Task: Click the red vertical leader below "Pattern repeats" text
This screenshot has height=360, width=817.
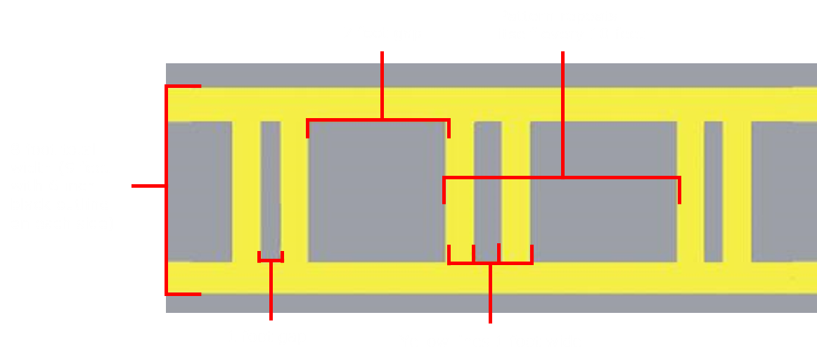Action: click(562, 112)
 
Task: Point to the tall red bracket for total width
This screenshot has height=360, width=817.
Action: click(167, 190)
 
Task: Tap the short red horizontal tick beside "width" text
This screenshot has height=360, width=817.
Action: click(148, 186)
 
